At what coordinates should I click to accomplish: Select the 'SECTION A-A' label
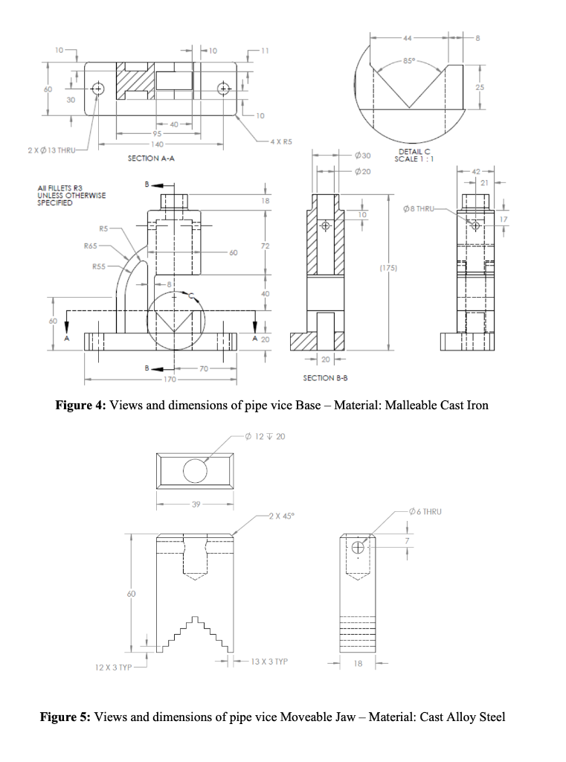pos(151,159)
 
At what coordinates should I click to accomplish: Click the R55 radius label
pos(99,266)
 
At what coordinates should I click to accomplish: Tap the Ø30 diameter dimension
pos(364,155)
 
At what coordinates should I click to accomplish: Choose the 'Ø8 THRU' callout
pos(427,210)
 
